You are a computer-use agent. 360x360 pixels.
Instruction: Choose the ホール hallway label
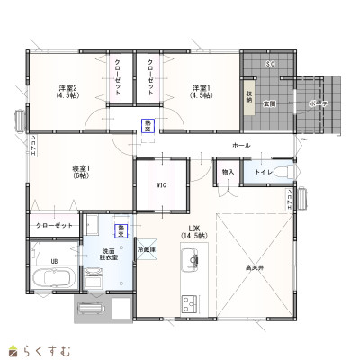[241, 145]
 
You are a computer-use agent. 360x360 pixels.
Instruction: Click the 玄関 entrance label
[268, 103]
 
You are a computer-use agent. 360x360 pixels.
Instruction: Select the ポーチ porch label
[317, 103]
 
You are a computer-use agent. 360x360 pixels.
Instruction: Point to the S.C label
[270, 65]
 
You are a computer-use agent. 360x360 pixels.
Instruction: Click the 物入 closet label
[228, 171]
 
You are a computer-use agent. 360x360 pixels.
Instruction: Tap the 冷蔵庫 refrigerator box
[147, 249]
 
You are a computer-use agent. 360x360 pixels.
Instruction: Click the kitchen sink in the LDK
[190, 262]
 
